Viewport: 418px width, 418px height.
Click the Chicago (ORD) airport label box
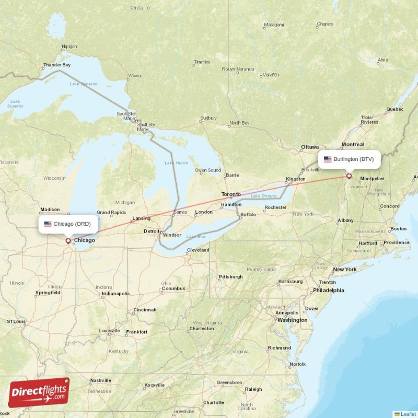(67, 224)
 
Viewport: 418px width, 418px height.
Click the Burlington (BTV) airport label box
(349, 159)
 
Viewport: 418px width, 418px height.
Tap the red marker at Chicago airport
(67, 241)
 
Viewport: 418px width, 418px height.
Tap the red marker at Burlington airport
(349, 176)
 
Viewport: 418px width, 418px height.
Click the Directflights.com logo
(39, 392)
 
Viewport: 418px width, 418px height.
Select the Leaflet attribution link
(408, 414)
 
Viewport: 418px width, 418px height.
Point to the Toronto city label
(231, 194)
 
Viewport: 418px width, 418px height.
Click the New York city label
(344, 270)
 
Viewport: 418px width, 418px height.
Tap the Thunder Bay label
(56, 65)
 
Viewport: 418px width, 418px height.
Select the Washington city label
(292, 320)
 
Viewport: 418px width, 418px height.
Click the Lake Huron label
(176, 163)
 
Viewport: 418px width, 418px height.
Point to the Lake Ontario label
(263, 196)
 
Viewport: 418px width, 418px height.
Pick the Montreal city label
(352, 144)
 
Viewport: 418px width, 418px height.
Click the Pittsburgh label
(230, 276)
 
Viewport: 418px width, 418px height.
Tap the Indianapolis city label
(115, 294)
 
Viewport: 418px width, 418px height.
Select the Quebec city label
(394, 109)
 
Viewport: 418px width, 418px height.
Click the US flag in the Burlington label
(328, 159)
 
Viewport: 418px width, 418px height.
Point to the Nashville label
(101, 380)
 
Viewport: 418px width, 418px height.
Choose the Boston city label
(398, 228)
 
